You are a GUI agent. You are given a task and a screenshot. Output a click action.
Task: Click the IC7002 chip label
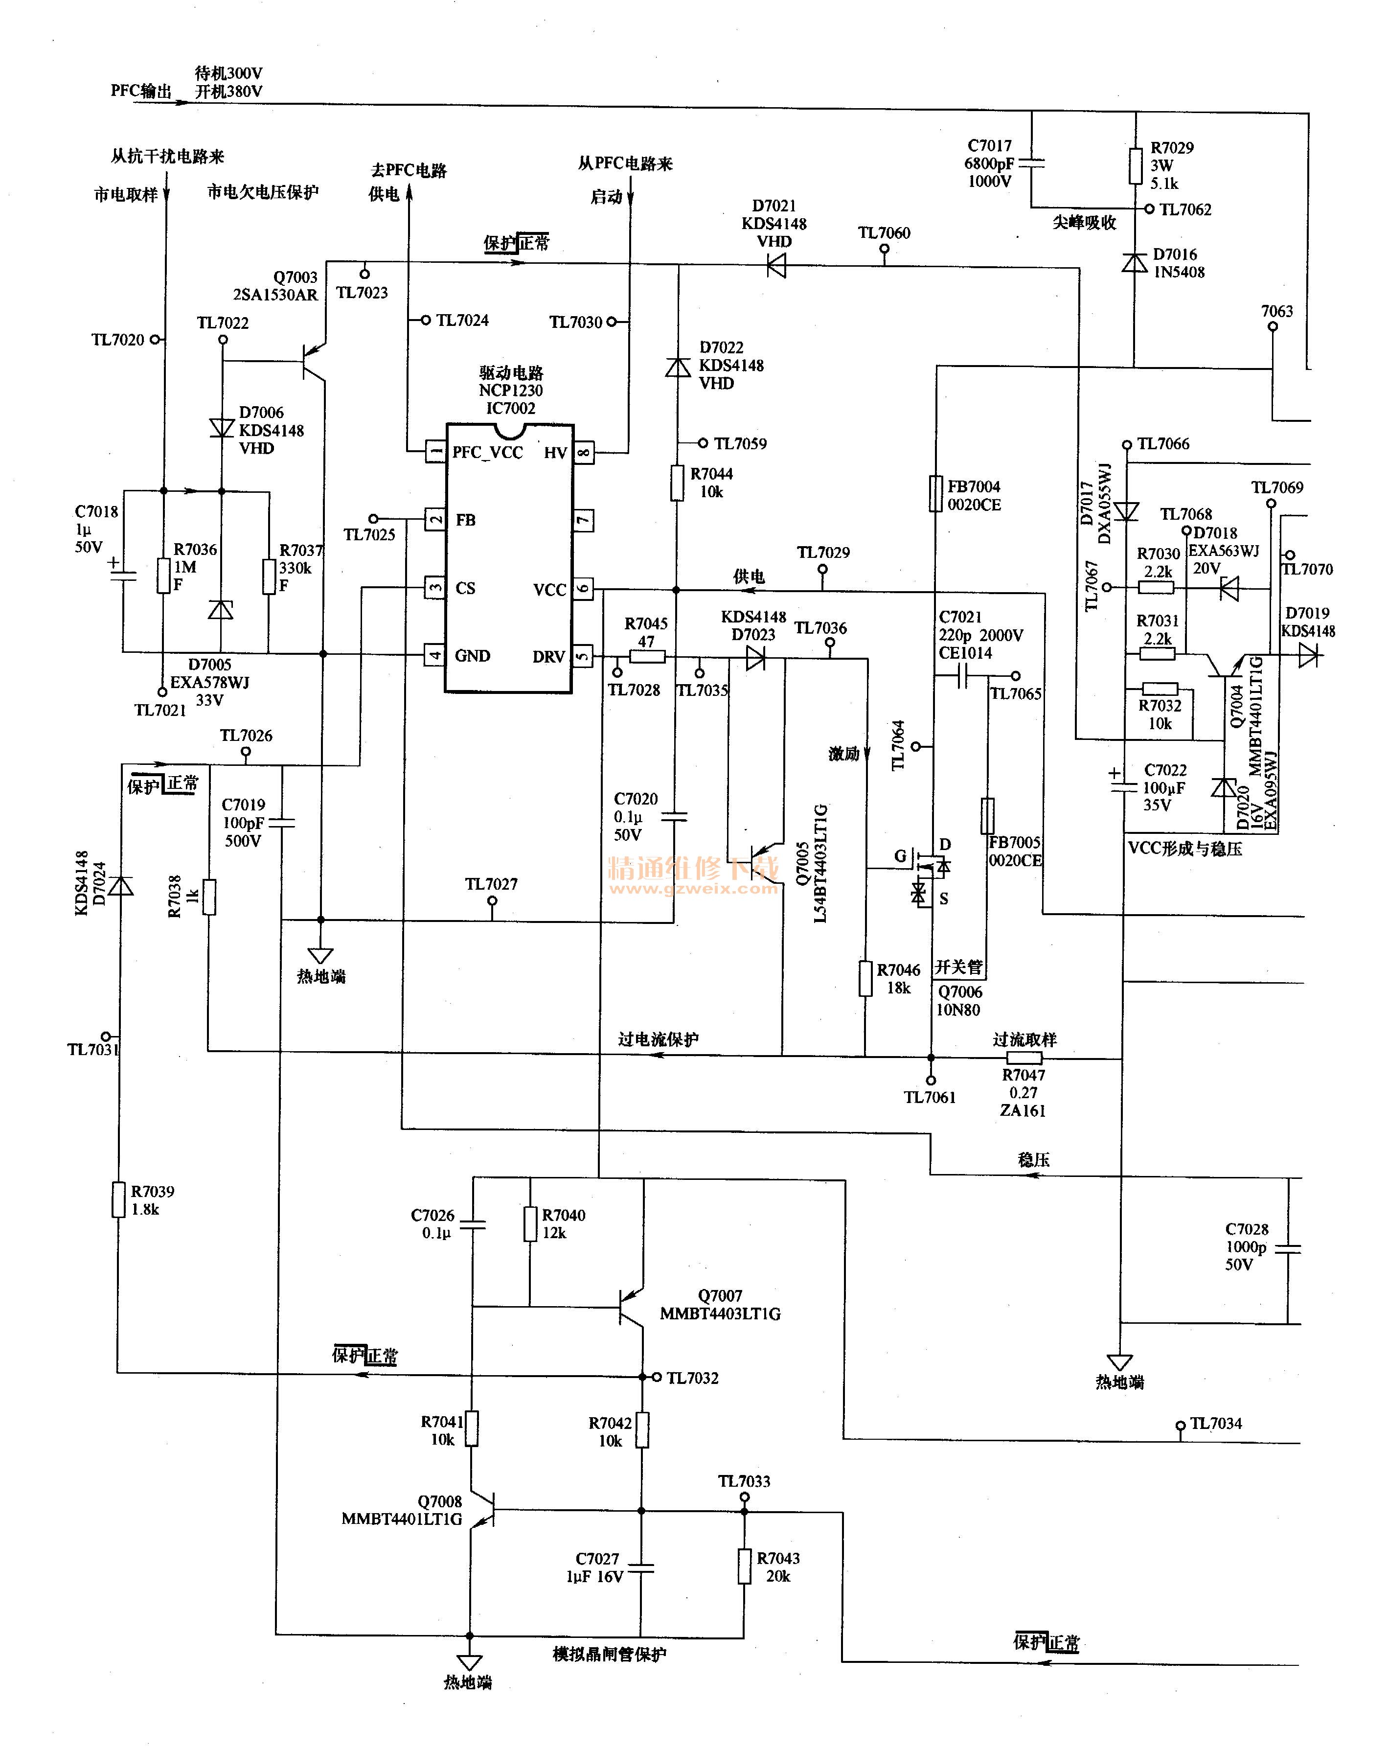pos(511,408)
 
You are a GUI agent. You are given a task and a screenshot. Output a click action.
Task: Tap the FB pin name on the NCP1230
pos(465,520)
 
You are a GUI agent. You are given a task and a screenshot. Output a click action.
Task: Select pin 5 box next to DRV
pos(583,655)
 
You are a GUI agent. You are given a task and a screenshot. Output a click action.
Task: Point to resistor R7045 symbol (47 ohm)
pos(647,657)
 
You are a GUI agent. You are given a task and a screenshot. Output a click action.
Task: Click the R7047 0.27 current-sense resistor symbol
pos(1024,1058)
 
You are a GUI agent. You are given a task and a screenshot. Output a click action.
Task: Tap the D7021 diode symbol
pos(776,265)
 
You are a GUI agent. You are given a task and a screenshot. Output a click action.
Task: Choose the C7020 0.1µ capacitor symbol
pos(675,816)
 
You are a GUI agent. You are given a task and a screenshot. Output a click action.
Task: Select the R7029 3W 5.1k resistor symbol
pos(1135,165)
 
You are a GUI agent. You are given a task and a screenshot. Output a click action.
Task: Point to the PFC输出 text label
pos(141,91)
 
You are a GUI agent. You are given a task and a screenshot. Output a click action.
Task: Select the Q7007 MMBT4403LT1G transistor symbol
pos(630,1307)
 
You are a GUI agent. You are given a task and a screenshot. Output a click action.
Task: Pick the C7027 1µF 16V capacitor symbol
pos(641,1568)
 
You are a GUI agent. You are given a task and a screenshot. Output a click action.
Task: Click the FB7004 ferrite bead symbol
pos(936,493)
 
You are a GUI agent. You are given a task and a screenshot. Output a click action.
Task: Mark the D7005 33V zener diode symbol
pos(221,610)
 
